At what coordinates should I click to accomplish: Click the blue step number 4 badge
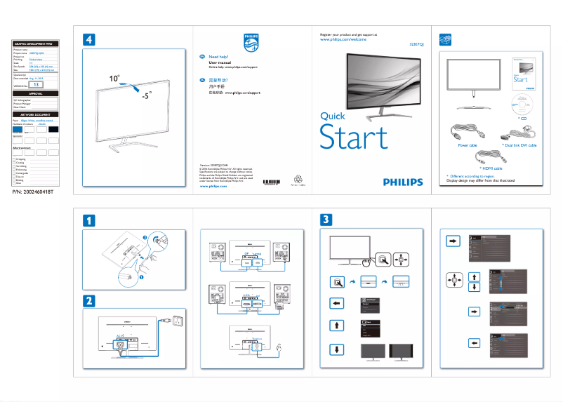pos(89,40)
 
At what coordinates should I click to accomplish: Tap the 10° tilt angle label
pos(114,79)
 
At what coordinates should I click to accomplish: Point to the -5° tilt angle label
pos(146,96)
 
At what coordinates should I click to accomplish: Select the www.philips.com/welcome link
pos(344,41)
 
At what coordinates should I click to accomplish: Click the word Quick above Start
pos(333,116)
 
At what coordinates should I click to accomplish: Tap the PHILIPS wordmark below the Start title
pos(403,182)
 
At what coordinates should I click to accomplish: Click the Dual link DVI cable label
pos(519,145)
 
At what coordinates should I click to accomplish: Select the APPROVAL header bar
pos(36,93)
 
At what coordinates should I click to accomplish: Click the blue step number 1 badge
pos(89,220)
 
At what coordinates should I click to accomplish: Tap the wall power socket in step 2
pos(178,321)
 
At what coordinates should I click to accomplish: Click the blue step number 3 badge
pos(328,220)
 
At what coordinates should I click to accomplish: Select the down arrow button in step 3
pos(337,349)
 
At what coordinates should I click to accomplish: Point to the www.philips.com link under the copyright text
pos(213,187)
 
